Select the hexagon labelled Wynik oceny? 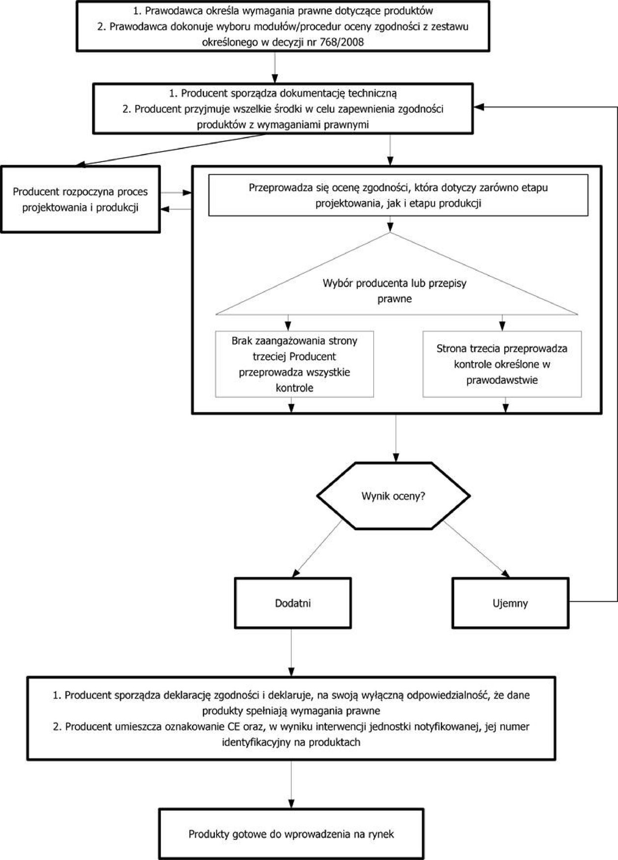[x=393, y=495]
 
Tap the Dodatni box [x=293, y=603]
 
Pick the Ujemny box [x=510, y=603]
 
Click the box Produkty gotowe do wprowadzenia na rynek [x=291, y=834]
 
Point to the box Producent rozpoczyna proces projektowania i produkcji [x=80, y=199]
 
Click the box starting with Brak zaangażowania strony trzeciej [x=294, y=364]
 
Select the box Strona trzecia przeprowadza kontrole [x=502, y=364]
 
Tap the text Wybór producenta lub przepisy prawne [x=394, y=291]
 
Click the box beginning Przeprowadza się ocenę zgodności [x=398, y=195]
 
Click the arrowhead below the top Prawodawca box [x=275, y=79]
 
